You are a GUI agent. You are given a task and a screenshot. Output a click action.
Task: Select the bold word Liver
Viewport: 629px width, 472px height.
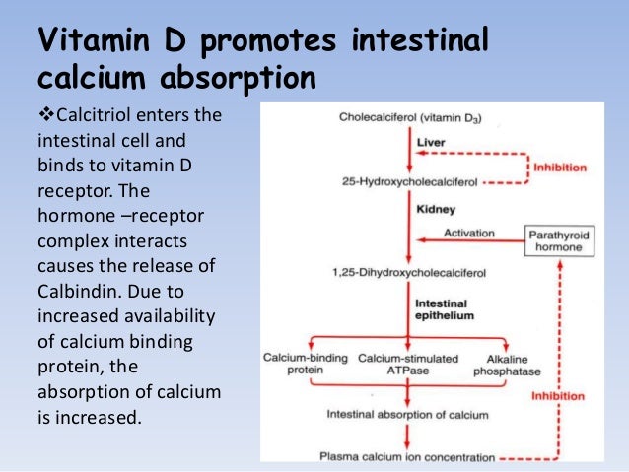pyautogui.click(x=431, y=142)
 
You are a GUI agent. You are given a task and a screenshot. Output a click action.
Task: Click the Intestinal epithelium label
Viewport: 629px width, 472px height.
pyautogui.click(x=444, y=310)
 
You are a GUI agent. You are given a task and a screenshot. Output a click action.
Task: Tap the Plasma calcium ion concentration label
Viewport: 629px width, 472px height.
pyautogui.click(x=406, y=456)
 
